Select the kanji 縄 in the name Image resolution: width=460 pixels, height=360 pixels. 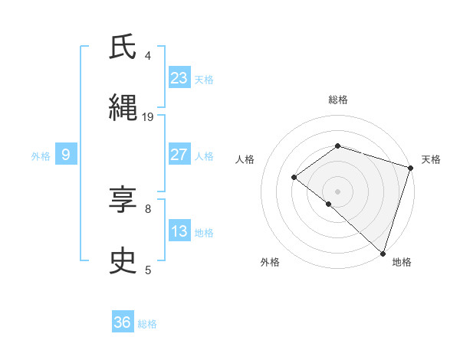coord(123,108)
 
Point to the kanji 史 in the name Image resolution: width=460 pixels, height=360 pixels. coord(123,261)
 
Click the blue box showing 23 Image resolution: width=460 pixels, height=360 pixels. coord(179,78)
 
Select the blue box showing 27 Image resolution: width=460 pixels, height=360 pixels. coord(179,155)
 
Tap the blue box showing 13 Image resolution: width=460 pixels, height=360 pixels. coord(179,231)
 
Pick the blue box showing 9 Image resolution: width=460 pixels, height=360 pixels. coord(66,155)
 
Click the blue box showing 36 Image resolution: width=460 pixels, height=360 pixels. coord(123,322)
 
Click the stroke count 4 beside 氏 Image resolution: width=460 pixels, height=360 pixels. coord(148,55)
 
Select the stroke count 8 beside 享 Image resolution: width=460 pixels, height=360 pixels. coord(148,208)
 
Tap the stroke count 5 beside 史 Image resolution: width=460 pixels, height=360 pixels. coord(148,270)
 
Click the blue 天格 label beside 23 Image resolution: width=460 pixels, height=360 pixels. coord(204,80)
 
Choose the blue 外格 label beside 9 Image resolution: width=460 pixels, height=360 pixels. coord(41,156)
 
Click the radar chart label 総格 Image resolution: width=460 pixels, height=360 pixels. coord(337,100)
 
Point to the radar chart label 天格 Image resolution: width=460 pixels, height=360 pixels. coord(431,159)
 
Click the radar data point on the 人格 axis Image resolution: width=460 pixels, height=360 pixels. coord(294,177)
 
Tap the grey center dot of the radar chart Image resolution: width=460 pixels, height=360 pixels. coord(337,191)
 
